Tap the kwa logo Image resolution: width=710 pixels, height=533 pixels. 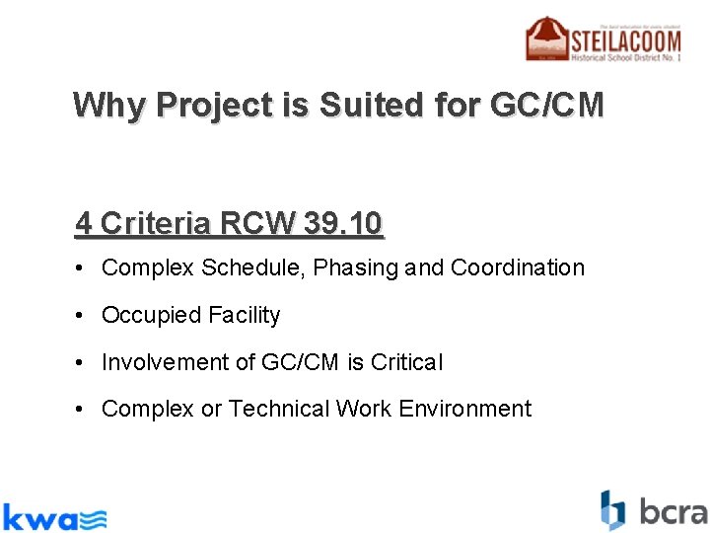pos(53,515)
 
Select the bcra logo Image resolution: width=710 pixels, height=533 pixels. pos(654,510)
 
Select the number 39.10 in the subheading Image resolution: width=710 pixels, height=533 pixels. pos(342,224)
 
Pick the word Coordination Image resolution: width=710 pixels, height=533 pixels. pos(518,267)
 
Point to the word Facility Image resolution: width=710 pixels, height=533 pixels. pos(244,315)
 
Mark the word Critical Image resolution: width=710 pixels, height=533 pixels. pos(406,362)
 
